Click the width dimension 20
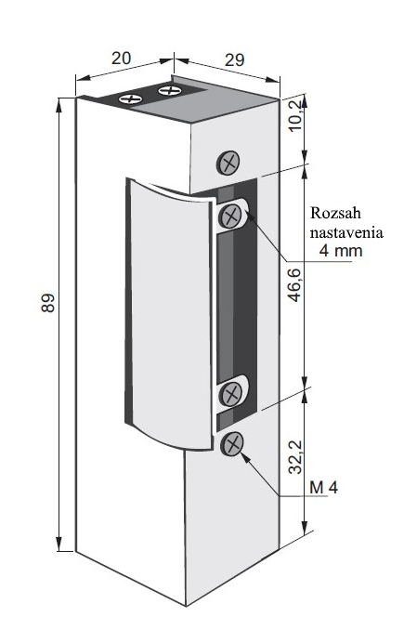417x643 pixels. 121,58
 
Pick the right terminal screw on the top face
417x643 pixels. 168,91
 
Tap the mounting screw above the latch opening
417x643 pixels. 229,163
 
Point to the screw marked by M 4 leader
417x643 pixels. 232,443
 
